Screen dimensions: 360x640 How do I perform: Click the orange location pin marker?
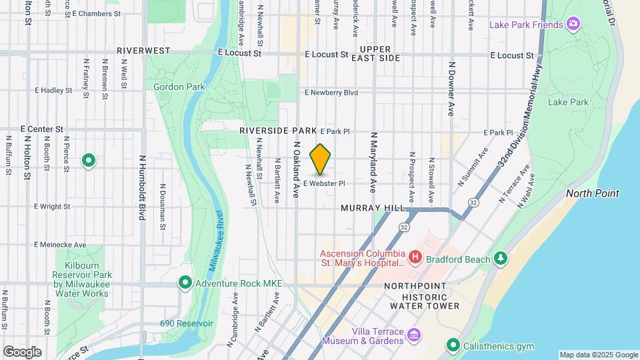coord(321,159)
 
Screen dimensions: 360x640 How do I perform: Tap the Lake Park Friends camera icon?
coord(573,25)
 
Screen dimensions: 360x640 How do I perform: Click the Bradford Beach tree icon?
coord(501,258)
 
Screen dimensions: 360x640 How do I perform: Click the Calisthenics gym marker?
coord(454,345)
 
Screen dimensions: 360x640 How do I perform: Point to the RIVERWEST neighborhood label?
coord(143,51)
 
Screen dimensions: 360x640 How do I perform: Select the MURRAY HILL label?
coord(373,208)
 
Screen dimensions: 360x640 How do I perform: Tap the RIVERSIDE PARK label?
coord(278,131)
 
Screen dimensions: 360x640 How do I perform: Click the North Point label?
coord(593,193)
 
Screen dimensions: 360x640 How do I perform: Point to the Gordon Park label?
coord(179,87)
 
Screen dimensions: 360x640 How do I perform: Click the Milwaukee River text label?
coord(215,241)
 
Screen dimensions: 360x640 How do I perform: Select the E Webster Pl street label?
coord(325,183)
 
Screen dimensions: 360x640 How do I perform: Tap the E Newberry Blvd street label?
coord(331,93)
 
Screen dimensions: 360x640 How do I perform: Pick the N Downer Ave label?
coord(452,89)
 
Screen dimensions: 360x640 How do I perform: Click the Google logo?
coord(22,352)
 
